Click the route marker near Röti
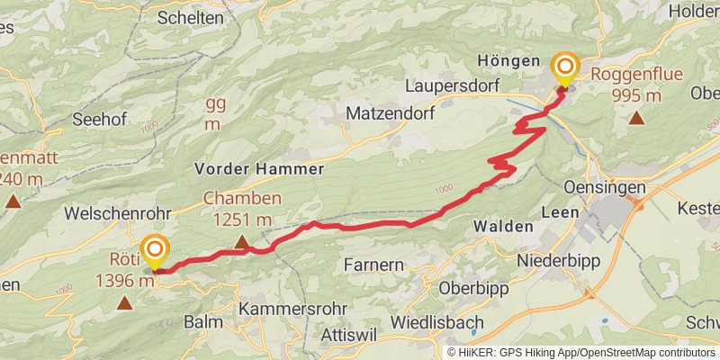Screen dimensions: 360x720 coord(155,250)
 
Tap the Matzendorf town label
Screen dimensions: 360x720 coord(391,114)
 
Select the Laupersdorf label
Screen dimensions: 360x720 coord(456,87)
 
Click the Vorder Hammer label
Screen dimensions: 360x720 coord(258,169)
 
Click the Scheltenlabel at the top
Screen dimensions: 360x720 coord(190,17)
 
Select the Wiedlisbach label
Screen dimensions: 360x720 coord(437,322)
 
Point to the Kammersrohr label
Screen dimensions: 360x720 coord(292,308)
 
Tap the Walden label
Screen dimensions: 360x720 coord(502,225)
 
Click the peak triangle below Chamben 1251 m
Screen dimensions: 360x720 coord(241,241)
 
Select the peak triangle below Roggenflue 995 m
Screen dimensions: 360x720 coord(636,117)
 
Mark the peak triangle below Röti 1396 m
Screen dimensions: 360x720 coord(123,303)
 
